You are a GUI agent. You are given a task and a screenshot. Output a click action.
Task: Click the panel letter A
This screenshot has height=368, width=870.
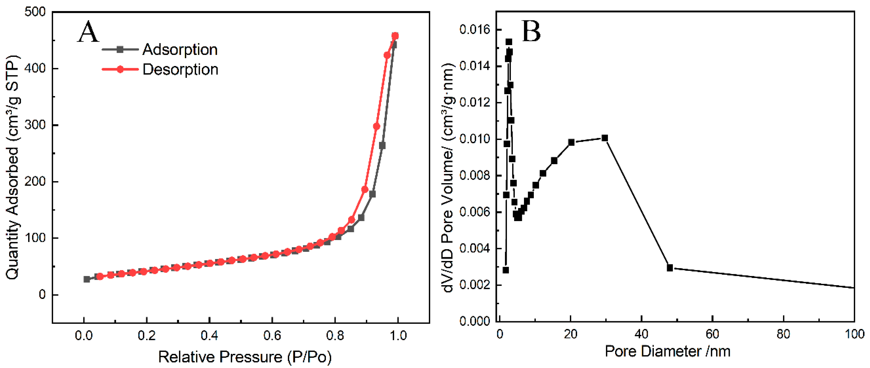[88, 32]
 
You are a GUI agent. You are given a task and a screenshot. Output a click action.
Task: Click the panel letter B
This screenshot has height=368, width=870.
[531, 31]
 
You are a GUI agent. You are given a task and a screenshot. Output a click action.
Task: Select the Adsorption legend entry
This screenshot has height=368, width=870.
[180, 50]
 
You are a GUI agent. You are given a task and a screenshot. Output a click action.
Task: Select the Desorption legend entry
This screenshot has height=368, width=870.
[180, 69]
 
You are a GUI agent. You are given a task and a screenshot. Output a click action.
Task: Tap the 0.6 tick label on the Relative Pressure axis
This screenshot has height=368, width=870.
[272, 336]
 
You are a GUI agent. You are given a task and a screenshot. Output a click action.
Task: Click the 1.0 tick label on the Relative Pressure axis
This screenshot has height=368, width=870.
[398, 336]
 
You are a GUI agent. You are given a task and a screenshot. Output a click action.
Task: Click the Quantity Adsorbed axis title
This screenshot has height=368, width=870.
[13, 168]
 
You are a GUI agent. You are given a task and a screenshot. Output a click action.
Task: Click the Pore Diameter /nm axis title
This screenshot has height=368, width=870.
[667, 351]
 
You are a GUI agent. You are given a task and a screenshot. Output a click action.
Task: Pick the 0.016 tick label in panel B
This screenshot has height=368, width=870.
[474, 30]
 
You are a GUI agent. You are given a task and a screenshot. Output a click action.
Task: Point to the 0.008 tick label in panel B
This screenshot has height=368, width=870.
[474, 176]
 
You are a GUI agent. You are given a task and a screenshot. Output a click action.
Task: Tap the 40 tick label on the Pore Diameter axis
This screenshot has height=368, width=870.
[641, 334]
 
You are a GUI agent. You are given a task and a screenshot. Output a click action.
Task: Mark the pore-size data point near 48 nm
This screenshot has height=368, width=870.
[670, 268]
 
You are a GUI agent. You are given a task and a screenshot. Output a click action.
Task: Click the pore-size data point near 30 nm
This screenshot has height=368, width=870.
[605, 138]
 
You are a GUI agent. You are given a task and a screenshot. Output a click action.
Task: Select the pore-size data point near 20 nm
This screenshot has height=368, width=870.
[571, 142]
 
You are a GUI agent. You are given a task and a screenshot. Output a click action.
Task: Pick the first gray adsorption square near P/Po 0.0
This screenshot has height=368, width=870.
[87, 279]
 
